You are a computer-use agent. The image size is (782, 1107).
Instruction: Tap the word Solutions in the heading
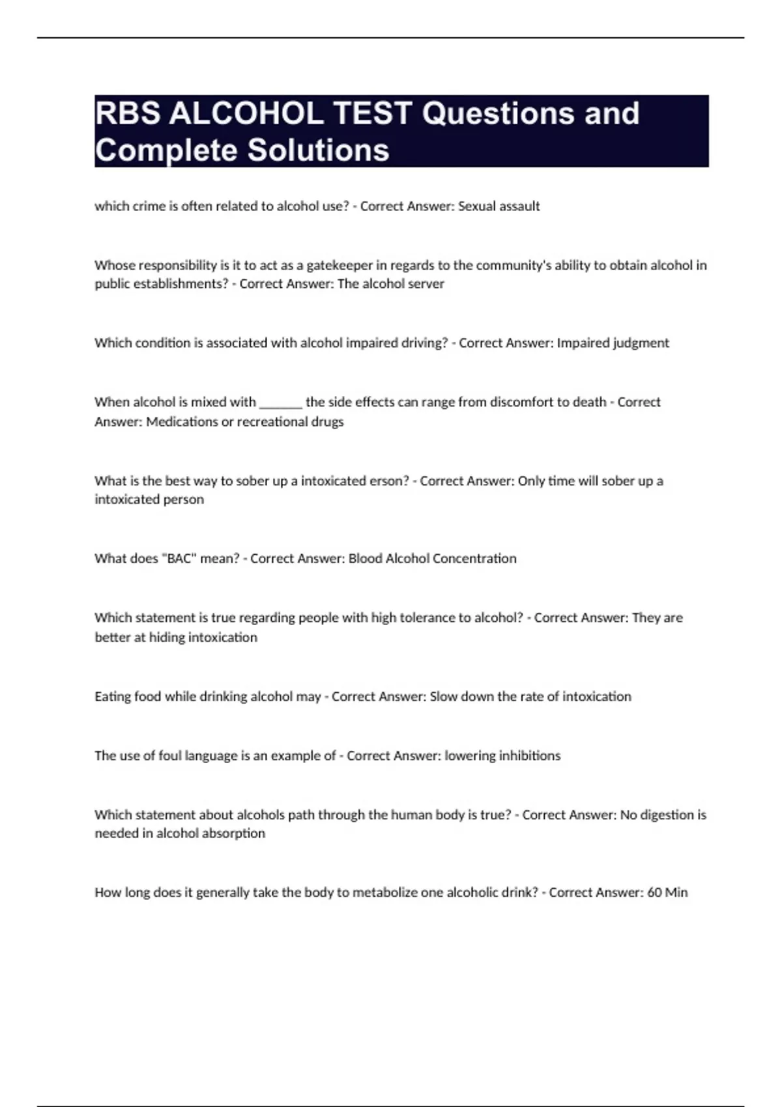coord(318,150)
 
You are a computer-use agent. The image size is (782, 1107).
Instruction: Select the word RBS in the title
coord(128,113)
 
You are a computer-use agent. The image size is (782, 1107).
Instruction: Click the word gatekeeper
coord(340,265)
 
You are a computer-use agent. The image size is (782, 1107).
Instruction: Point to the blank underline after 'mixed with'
coord(281,402)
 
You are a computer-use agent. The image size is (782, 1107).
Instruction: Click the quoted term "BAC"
coord(179,559)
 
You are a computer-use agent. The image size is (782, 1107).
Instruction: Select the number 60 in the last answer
coord(654,892)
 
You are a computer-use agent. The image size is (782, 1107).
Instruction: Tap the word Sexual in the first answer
coord(477,206)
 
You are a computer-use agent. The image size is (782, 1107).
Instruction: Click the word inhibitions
coord(529,755)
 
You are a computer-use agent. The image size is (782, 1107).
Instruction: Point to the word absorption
coord(236,834)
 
